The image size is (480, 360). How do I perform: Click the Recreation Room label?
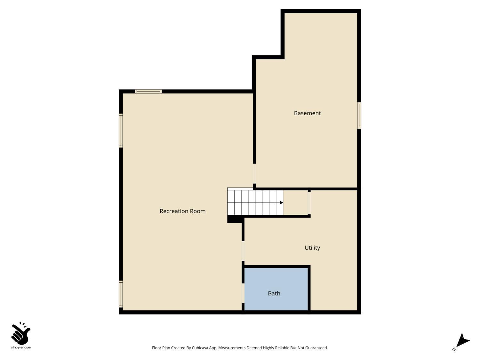pyautogui.click(x=182, y=211)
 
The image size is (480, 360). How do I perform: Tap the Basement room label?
pyautogui.click(x=307, y=113)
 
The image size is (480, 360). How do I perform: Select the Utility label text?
pyautogui.click(x=312, y=248)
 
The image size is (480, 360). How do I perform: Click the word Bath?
pyautogui.click(x=274, y=293)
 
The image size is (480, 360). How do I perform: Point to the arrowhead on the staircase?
pyautogui.click(x=282, y=203)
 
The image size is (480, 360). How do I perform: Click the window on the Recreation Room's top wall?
pyautogui.click(x=148, y=92)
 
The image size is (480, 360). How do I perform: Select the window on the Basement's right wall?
pyautogui.click(x=359, y=116)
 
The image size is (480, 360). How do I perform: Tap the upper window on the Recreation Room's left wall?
pyautogui.click(x=121, y=131)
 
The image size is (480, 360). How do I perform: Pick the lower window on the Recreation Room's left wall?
pyautogui.click(x=121, y=294)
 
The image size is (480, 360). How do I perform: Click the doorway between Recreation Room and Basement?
pyautogui.click(x=254, y=174)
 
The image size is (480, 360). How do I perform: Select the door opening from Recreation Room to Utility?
pyautogui.click(x=243, y=251)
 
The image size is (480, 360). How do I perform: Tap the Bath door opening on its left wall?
pyautogui.click(x=243, y=293)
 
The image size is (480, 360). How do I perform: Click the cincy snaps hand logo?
pyautogui.click(x=21, y=333)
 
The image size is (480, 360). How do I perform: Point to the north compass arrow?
pyautogui.click(x=462, y=340)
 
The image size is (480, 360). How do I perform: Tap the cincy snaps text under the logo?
pyautogui.click(x=21, y=348)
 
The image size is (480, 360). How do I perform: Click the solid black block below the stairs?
pyautogui.click(x=235, y=219)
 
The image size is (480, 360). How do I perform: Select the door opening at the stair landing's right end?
pyautogui.click(x=309, y=203)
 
